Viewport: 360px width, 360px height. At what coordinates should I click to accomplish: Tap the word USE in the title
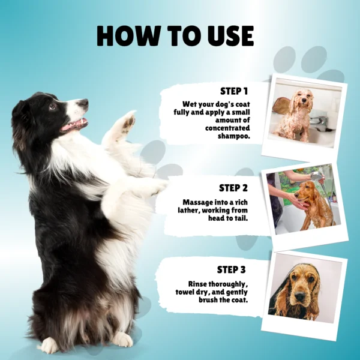tap(230, 36)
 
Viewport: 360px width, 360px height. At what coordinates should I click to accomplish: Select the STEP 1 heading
tap(234, 91)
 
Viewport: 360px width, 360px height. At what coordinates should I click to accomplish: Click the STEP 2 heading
tap(233, 188)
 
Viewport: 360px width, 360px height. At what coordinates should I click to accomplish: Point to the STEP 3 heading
tap(231, 269)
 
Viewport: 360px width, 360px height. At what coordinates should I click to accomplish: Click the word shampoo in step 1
tap(234, 136)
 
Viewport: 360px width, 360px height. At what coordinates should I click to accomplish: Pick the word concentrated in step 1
tap(227, 128)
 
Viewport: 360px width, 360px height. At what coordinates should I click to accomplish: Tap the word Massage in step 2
tap(197, 202)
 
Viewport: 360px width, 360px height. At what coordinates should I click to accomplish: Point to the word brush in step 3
tap(208, 300)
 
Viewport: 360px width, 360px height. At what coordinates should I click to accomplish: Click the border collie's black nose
tap(83, 103)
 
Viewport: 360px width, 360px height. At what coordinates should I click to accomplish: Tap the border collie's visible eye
tap(53, 106)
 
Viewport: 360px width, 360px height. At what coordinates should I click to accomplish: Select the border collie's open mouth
tap(74, 125)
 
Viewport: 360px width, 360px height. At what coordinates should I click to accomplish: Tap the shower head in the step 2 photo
tap(316, 176)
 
